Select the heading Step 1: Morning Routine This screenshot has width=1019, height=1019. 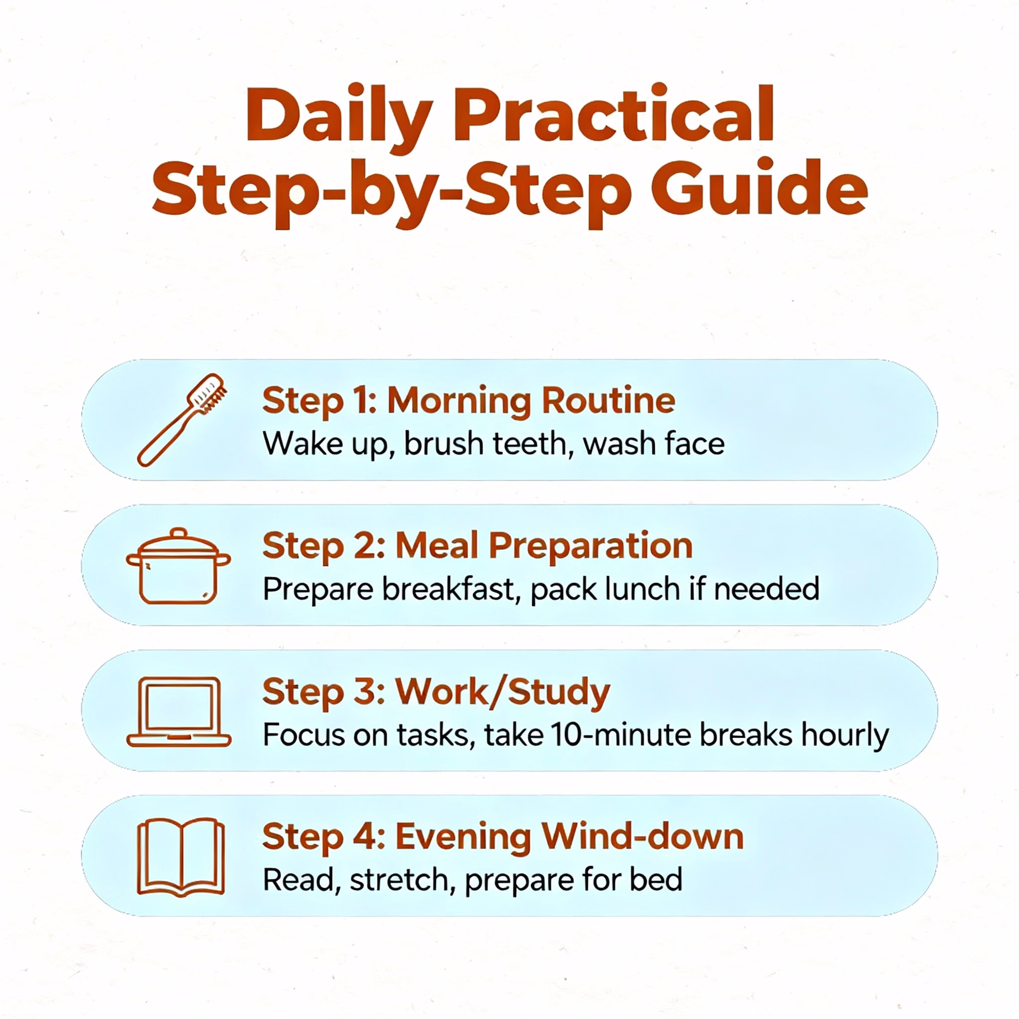coord(468,402)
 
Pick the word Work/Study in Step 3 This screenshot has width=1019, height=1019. coord(503,692)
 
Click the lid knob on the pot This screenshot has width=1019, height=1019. coord(179,533)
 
